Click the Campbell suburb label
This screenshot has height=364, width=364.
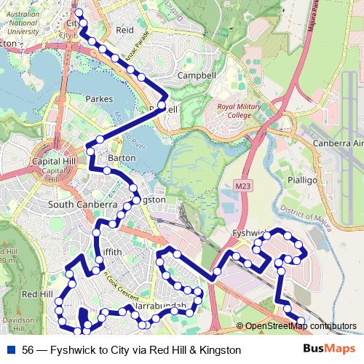[x=197, y=75]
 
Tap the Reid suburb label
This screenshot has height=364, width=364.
[x=125, y=30]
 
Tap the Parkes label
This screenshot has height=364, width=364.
[x=99, y=98]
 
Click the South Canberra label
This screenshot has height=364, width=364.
[x=82, y=205]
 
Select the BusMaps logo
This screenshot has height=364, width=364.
[x=330, y=349]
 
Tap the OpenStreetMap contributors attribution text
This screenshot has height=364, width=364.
[x=301, y=327]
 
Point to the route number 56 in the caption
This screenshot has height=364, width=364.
[x=28, y=350]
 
